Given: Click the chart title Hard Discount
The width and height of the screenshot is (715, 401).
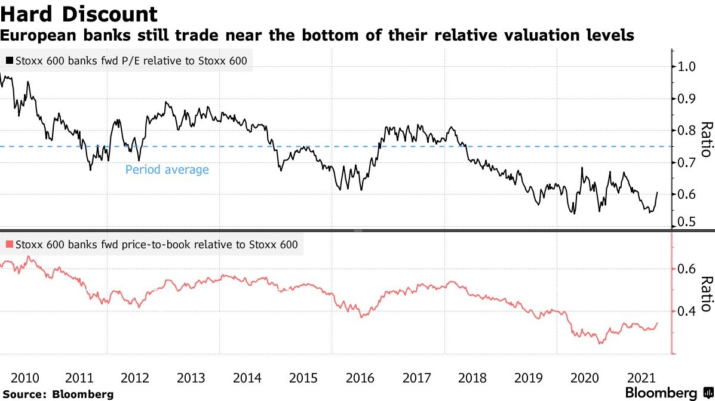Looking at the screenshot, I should pyautogui.click(x=79, y=14).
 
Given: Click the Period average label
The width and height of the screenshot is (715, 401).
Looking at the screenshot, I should pyautogui.click(x=167, y=170).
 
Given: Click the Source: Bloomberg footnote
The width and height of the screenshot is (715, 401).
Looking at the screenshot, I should pyautogui.click(x=57, y=394).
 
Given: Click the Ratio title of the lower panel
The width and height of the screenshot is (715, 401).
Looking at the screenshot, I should pyautogui.click(x=707, y=294).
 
